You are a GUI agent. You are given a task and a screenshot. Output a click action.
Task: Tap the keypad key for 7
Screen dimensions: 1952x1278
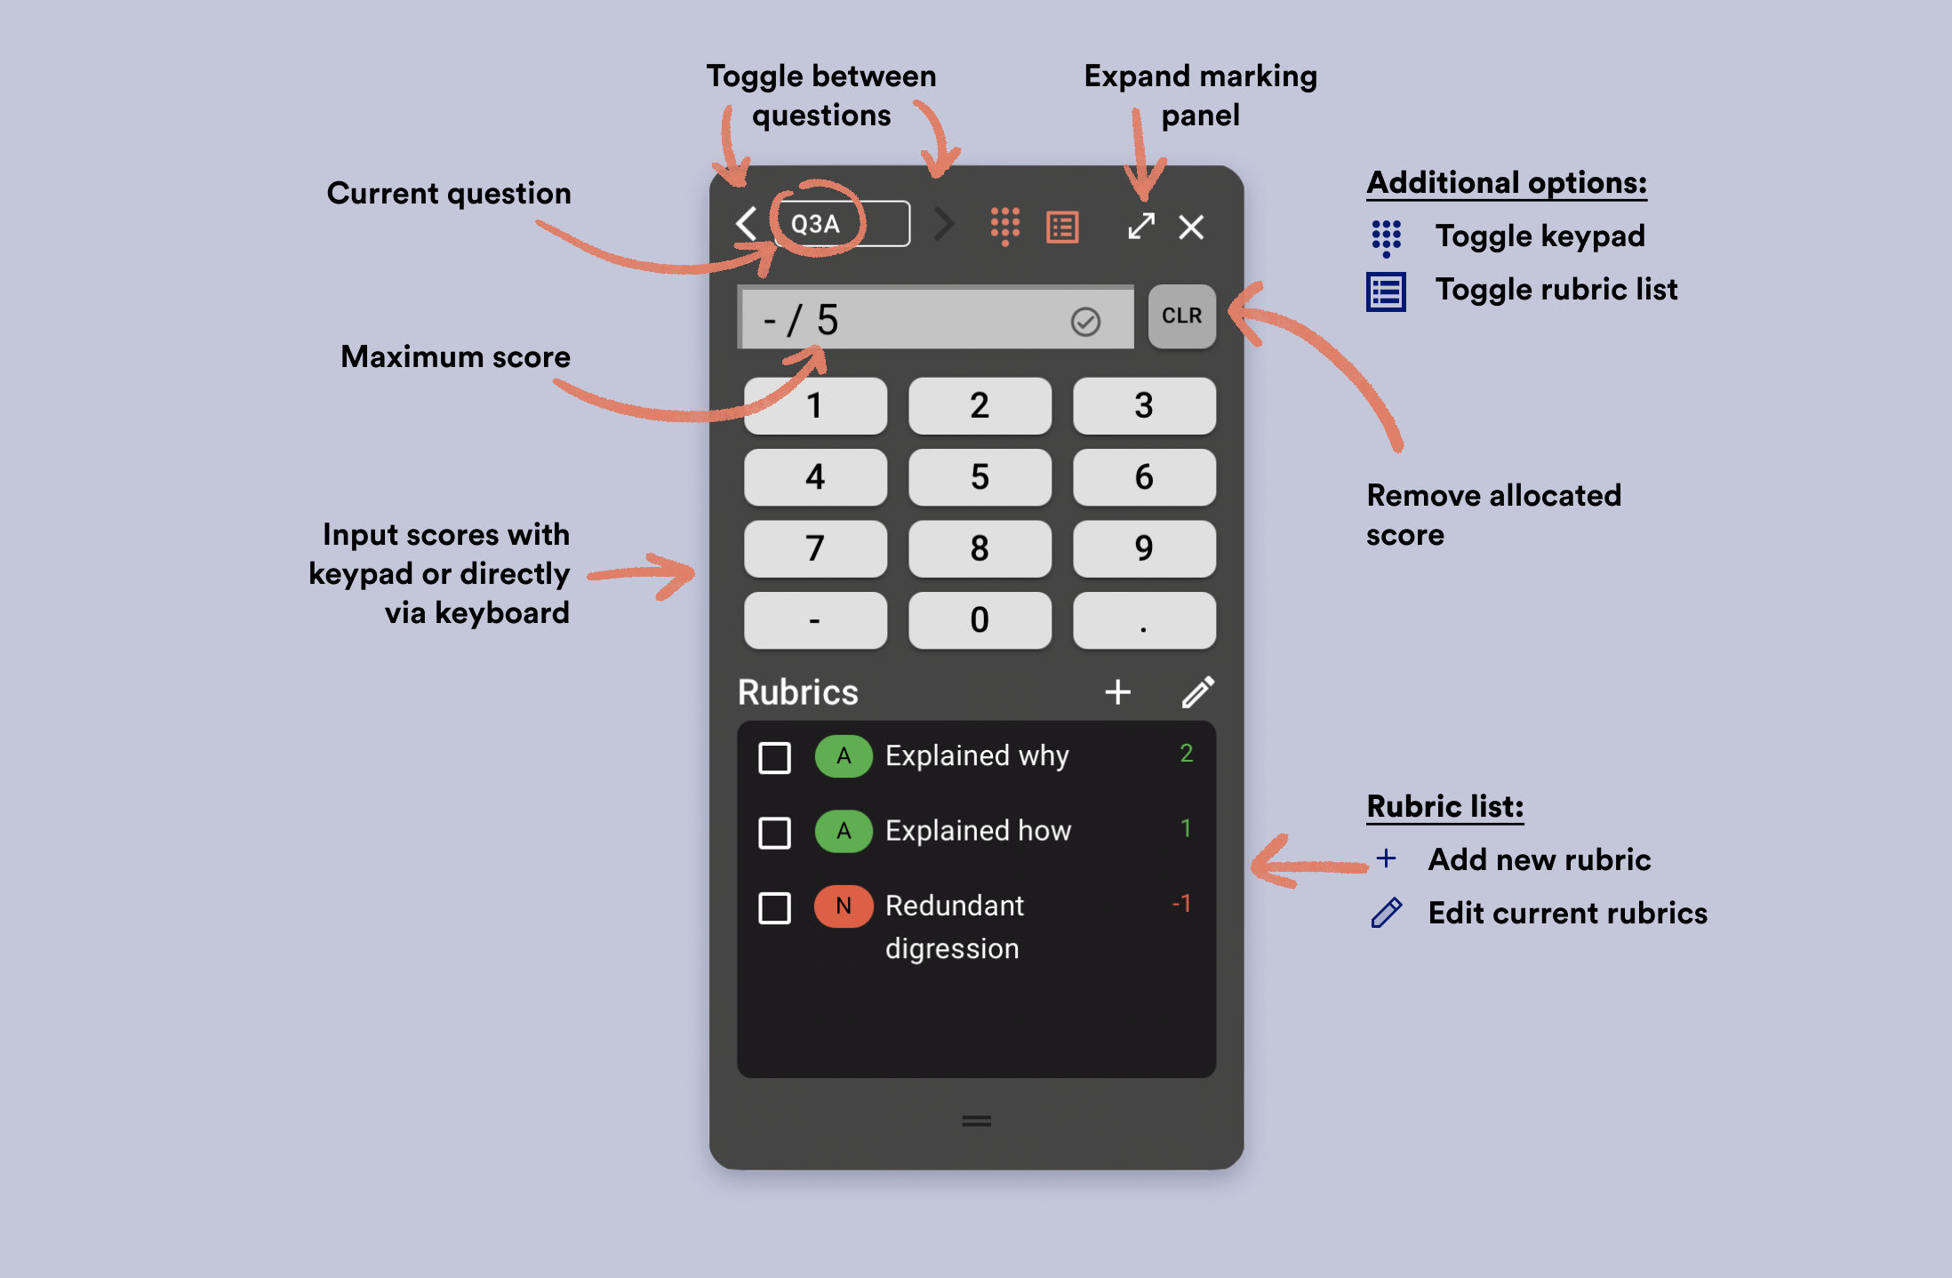coord(815,548)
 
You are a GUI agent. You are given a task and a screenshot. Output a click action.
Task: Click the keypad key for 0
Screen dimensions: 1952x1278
coord(980,619)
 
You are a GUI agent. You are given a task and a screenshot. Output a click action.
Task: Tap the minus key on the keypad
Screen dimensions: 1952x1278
coord(815,619)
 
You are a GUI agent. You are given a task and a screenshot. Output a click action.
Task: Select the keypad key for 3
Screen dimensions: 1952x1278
coord(1144,405)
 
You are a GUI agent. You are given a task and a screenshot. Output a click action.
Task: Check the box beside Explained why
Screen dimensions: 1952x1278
coord(774,758)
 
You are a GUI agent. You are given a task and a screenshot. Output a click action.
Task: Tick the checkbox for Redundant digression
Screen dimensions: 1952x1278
coord(774,908)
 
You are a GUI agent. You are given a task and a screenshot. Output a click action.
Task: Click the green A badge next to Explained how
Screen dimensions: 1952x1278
coord(844,831)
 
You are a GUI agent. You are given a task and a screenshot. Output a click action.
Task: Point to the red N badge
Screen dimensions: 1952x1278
coord(844,906)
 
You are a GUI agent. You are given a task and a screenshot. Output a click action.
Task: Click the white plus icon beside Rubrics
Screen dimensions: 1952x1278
coord(1118,691)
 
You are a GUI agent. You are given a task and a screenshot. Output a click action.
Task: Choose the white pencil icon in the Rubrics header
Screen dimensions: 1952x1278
coord(1198,691)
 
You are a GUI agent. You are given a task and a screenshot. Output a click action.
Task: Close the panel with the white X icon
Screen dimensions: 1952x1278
coord(1191,227)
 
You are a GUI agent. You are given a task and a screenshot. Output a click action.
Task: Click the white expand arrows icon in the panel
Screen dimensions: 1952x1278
coord(1141,226)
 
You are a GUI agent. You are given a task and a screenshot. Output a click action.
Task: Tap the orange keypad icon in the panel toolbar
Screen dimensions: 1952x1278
coord(1005,227)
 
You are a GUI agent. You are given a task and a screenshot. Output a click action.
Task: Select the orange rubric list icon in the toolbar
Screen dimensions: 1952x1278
coord(1063,227)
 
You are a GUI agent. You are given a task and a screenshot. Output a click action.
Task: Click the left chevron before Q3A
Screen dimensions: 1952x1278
coord(747,224)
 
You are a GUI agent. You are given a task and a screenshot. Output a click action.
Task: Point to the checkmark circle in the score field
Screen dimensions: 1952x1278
coord(1085,321)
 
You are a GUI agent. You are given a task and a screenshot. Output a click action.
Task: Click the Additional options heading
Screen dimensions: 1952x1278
coord(1507,183)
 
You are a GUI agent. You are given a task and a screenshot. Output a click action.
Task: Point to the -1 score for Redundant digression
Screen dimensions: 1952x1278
coord(1181,904)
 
